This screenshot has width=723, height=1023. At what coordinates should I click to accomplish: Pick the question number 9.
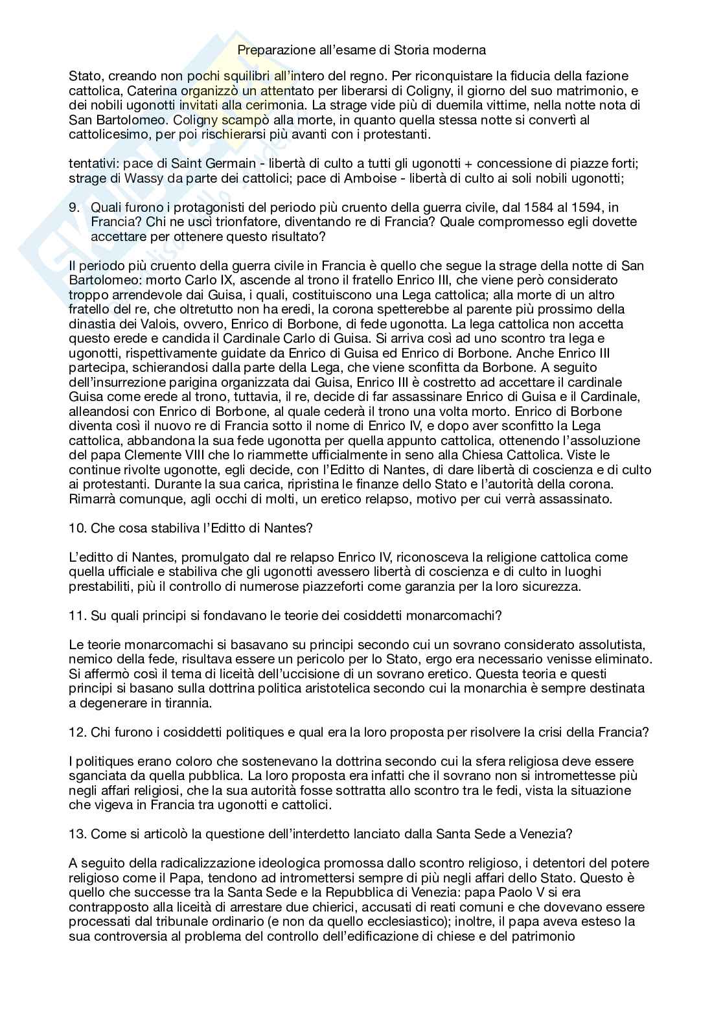tap(74, 207)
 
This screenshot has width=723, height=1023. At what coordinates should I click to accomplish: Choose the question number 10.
tap(76, 528)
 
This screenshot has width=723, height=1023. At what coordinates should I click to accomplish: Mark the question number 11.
tap(76, 616)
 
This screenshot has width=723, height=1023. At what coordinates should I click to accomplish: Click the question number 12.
tap(76, 733)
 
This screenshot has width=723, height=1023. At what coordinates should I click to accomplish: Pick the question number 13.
tap(76, 834)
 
